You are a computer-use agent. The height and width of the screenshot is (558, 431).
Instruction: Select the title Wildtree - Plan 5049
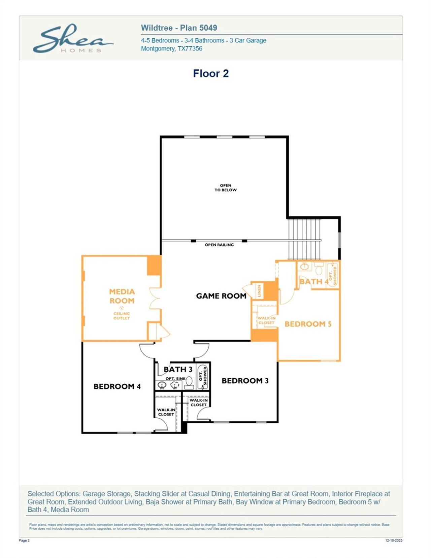pos(179,28)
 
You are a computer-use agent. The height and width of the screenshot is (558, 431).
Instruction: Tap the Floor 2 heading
pos(211,73)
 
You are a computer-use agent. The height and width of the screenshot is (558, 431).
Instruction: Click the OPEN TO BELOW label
pos(226,188)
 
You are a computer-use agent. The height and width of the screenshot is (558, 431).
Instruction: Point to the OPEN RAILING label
pos(219,245)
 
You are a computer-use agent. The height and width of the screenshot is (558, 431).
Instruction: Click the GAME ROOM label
pos(221,296)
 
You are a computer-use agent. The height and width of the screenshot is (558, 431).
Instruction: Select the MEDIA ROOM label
pos(122,296)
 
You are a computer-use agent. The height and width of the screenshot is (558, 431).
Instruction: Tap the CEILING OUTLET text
pos(122,316)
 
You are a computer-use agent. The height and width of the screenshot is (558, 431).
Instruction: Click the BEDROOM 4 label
pos(117,386)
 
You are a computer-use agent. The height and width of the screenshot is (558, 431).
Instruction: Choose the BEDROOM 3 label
pos(245,381)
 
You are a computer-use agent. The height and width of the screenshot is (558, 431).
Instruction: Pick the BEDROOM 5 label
pos(308,324)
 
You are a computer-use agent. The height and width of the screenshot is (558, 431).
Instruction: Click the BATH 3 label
pos(178,370)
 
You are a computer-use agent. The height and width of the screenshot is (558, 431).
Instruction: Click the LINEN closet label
pos(259,290)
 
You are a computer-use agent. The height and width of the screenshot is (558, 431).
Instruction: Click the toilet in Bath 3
pos(189,382)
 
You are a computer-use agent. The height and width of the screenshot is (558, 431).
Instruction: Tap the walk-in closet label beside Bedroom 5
pos(266,320)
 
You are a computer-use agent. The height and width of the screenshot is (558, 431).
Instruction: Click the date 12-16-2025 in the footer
pos(394,540)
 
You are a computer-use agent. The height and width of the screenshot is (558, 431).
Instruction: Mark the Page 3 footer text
pos(24,540)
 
